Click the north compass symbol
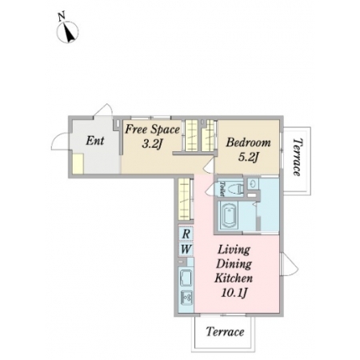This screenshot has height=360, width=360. pos(67,32)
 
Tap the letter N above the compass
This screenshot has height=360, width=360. pos(62,16)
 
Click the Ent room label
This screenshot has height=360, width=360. pos(95,141)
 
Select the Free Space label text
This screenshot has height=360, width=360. pos(153,130)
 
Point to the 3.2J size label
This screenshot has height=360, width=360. pos(152,144)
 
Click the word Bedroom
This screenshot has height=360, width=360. pos(248,142)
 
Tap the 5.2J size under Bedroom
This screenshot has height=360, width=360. pos(248,158)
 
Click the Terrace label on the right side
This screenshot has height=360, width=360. pos(298,157)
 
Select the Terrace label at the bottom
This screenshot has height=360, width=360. pos(225,332)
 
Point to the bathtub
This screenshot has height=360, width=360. pos(230,216)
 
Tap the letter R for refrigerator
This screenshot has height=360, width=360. pos(186,234)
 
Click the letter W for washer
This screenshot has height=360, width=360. pos(186,250)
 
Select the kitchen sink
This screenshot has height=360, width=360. pos(186,278)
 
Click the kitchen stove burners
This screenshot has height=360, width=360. pos(186,298)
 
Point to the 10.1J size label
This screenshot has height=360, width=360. pos(234,293)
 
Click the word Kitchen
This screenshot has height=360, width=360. pos(234,278)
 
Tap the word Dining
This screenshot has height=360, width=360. pos(234,264)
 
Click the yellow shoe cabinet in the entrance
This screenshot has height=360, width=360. pos(78,164)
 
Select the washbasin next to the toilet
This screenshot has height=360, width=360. pos(253,183)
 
